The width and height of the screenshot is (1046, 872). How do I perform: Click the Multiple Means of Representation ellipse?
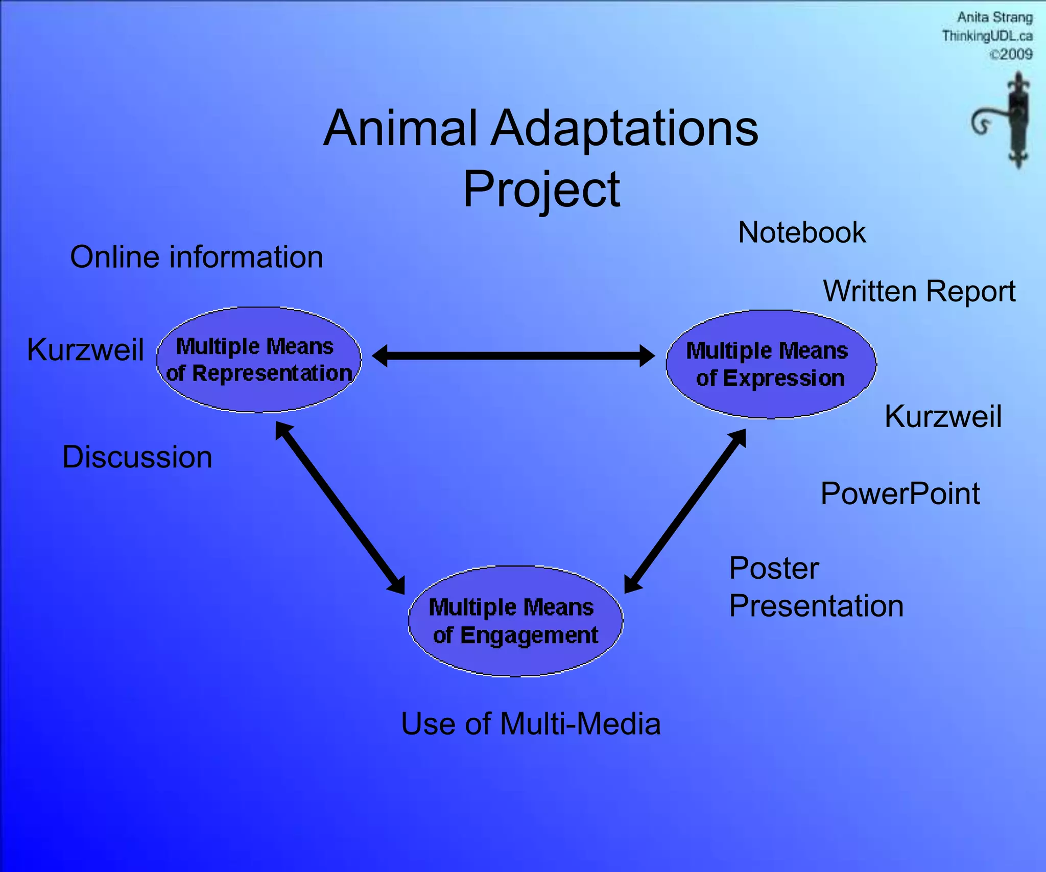[x=259, y=360]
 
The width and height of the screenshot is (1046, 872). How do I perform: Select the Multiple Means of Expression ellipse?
[x=771, y=364]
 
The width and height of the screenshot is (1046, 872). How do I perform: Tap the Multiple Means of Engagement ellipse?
[x=515, y=621]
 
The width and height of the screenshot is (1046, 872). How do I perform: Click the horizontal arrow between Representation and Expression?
[x=513, y=356]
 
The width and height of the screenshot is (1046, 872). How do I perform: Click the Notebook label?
[x=801, y=233]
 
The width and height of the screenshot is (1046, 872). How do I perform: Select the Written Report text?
[x=919, y=292]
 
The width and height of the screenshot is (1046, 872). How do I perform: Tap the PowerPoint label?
[x=900, y=494]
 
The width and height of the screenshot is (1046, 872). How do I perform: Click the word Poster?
[x=774, y=569]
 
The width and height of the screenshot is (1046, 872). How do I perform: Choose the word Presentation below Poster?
[x=816, y=606]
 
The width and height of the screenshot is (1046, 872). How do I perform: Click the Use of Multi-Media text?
[x=531, y=724]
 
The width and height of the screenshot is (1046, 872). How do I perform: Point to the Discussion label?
[x=137, y=457]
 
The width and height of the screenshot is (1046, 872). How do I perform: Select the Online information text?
[x=197, y=257]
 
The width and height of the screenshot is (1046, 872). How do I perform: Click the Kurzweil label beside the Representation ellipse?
[x=85, y=350]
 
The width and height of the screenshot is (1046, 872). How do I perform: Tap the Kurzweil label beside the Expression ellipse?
[x=943, y=416]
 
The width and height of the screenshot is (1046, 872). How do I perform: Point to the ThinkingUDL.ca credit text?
[x=987, y=36]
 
